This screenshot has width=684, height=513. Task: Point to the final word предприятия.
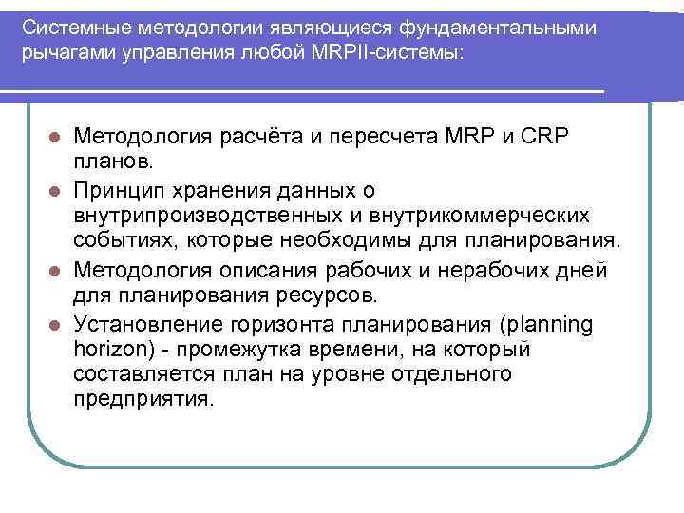(x=144, y=400)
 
